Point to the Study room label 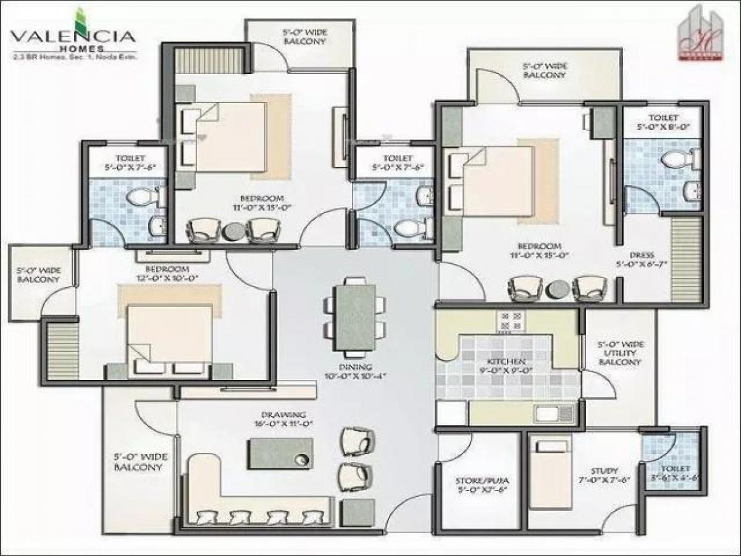[x=603, y=474]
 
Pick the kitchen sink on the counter [x=548, y=413]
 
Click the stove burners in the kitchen [x=511, y=322]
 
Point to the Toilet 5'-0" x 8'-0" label [x=663, y=122]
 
